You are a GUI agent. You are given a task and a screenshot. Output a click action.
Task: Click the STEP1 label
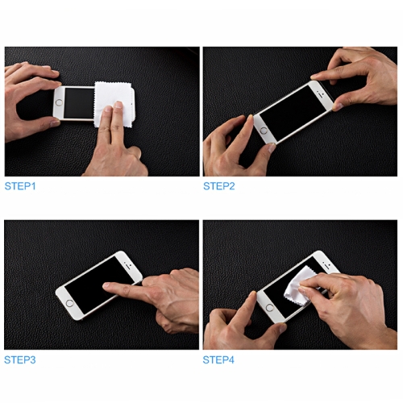pos(20,186)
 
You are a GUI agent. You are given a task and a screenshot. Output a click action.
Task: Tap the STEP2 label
pos(219,186)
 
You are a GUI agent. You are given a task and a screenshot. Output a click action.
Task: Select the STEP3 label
pos(20,359)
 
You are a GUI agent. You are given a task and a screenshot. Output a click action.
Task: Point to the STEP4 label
pos(218,359)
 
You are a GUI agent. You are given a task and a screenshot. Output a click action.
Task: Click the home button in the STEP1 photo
pos(59,102)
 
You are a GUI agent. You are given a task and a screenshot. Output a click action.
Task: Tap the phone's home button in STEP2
pos(264,131)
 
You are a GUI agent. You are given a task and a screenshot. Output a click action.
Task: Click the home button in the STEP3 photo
pos(69,304)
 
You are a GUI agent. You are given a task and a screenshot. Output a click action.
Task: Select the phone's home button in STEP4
pos(269,308)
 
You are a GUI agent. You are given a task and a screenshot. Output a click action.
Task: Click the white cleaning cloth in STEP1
pos(114,104)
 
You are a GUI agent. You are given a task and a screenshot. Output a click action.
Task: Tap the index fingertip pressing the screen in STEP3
pos(106,285)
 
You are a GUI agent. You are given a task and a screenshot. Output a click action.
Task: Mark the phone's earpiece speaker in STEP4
pos(327,264)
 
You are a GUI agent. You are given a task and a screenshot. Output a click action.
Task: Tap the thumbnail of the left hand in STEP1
pos(56,123)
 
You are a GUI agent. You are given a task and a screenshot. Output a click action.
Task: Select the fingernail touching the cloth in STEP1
pos(118,105)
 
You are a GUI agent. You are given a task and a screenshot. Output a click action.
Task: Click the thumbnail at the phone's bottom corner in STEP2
pos(272,147)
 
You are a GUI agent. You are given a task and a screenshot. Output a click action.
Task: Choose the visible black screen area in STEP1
pos(79,102)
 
